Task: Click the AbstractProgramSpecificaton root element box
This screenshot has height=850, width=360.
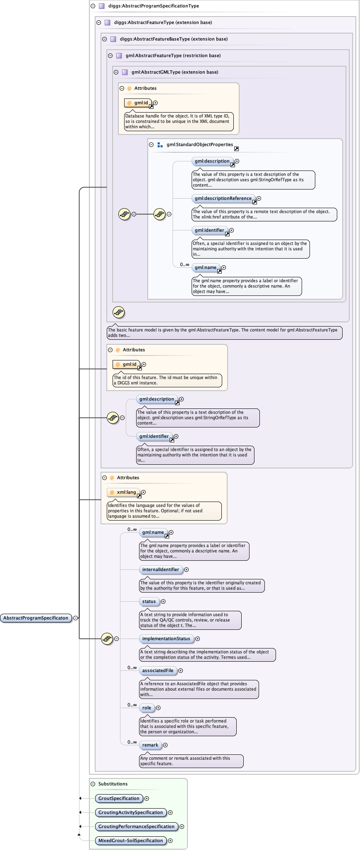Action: pyautogui.click(x=36, y=618)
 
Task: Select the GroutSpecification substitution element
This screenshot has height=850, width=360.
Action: pyautogui.click(x=119, y=798)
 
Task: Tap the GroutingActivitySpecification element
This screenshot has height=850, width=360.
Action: pyautogui.click(x=130, y=812)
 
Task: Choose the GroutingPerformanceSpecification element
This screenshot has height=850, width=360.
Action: pyautogui.click(x=136, y=826)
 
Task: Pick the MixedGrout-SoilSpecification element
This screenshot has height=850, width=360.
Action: pyautogui.click(x=130, y=840)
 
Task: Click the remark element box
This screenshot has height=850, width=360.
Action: pyautogui.click(x=150, y=745)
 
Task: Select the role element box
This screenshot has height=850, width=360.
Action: pyautogui.click(x=146, y=708)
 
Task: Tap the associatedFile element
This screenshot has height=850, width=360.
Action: pyautogui.click(x=158, y=670)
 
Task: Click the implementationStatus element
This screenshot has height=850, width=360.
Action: pyautogui.click(x=166, y=639)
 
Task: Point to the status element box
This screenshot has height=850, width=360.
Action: pyautogui.click(x=149, y=601)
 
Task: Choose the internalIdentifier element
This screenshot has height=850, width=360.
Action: pyautogui.click(x=161, y=569)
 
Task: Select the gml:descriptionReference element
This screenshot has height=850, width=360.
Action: pyautogui.click(x=223, y=198)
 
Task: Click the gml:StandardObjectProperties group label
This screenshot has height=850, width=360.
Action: pyautogui.click(x=200, y=144)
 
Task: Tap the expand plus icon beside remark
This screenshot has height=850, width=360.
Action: pyautogui.click(x=165, y=745)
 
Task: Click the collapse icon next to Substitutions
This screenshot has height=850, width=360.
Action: pyautogui.click(x=93, y=784)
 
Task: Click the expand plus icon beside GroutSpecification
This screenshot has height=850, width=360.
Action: pyautogui.click(x=146, y=798)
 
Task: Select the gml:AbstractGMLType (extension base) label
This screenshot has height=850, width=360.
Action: pyautogui.click(x=175, y=72)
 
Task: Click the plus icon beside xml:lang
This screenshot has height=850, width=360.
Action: pyautogui.click(x=143, y=492)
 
